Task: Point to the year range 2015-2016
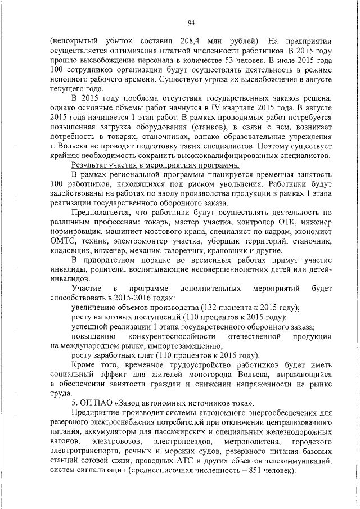131,297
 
